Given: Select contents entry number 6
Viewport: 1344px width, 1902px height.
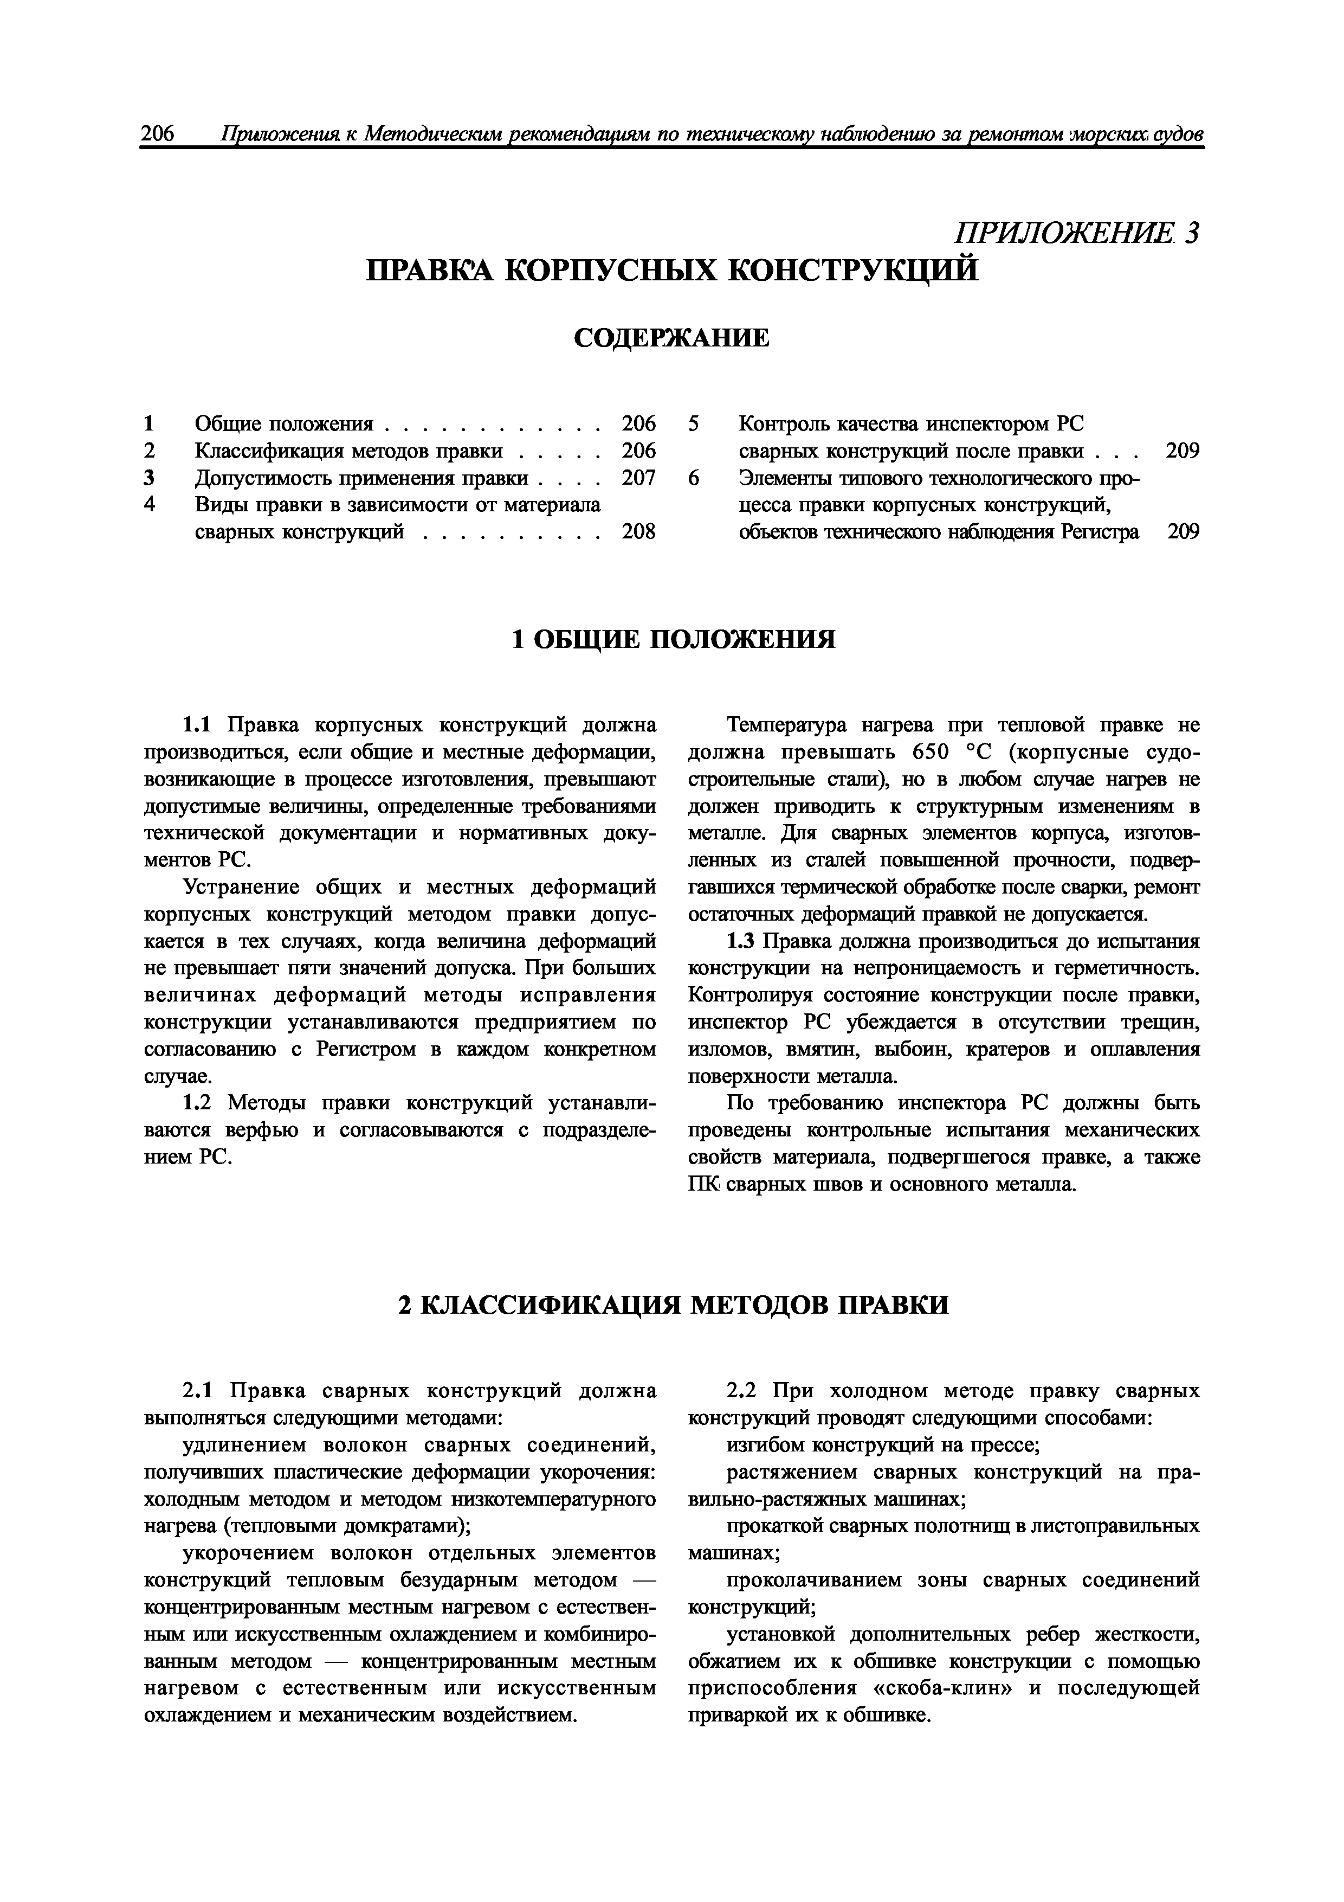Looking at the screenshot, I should tap(694, 478).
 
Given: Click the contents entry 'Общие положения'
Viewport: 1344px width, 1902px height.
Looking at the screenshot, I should tap(284, 424).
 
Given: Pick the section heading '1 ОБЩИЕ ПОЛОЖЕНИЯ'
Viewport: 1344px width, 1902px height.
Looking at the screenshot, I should tap(673, 640).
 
